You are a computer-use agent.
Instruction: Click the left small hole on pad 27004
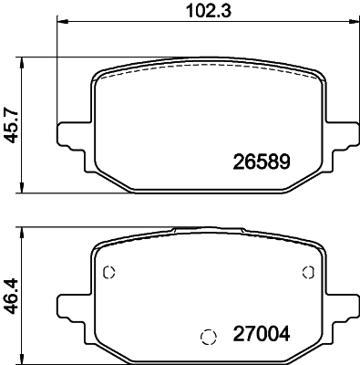[108, 272]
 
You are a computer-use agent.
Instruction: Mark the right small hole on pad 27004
[308, 272]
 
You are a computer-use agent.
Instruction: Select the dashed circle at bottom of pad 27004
[208, 335]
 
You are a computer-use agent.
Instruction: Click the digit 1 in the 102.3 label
[182, 11]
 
